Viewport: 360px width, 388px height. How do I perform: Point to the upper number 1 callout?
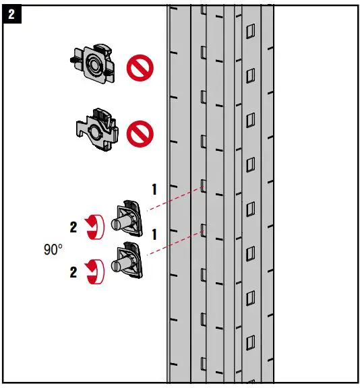(x=154, y=190)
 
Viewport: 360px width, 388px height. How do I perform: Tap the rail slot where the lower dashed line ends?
(x=202, y=230)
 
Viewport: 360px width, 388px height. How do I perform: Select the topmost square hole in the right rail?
(x=250, y=30)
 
